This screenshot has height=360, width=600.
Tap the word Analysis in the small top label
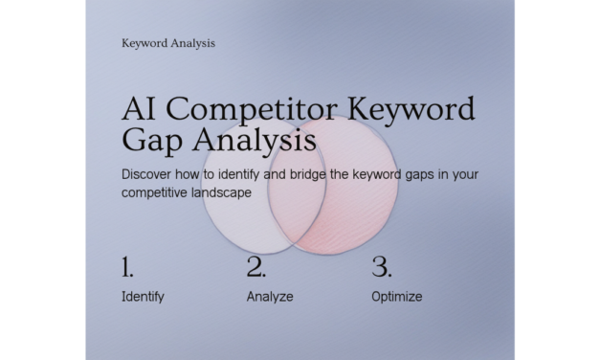point(192,42)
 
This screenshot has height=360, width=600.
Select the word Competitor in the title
point(249,108)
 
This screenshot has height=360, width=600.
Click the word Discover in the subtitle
point(148,175)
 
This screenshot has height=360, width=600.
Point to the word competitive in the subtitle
point(157,192)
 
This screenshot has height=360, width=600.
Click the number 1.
point(128,266)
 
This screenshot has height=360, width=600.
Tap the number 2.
point(255,266)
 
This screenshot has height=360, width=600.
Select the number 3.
point(380,266)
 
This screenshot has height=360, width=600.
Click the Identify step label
point(143,297)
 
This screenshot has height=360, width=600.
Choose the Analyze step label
point(270,297)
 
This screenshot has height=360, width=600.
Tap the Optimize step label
point(396,297)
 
